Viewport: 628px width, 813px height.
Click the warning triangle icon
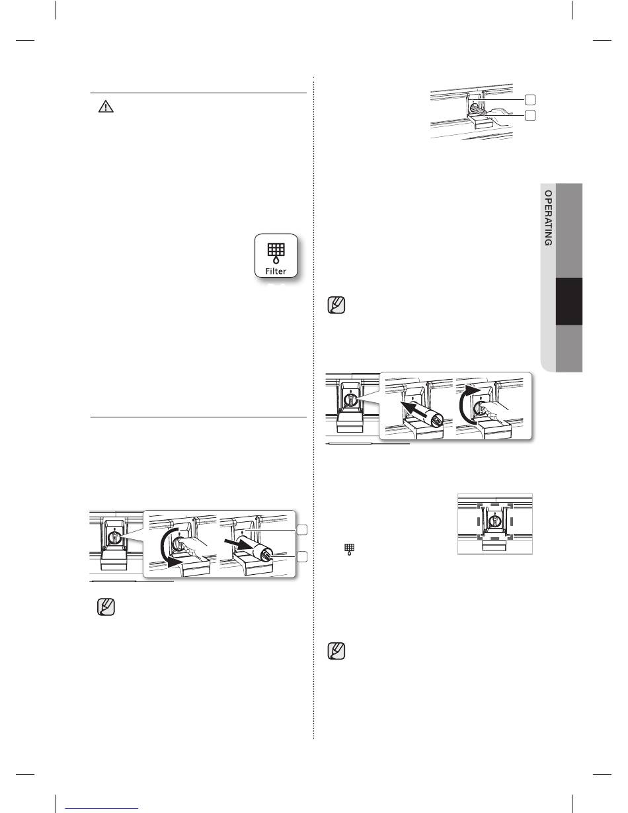pyautogui.click(x=106, y=107)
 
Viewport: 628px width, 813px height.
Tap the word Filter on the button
pyautogui.click(x=276, y=271)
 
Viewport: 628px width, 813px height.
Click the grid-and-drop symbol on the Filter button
pyautogui.click(x=276, y=253)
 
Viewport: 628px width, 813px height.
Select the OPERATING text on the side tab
pyautogui.click(x=549, y=218)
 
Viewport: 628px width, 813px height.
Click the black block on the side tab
pyautogui.click(x=569, y=301)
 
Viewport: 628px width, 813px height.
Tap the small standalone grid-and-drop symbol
pyautogui.click(x=350, y=549)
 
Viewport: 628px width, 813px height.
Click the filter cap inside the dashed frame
pyautogui.click(x=495, y=521)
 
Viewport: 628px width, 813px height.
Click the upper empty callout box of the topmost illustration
pyautogui.click(x=530, y=100)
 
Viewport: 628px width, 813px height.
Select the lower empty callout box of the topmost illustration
pyautogui.click(x=530, y=116)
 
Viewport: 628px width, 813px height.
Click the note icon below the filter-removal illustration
pyautogui.click(x=106, y=607)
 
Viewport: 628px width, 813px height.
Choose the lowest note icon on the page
pyautogui.click(x=336, y=651)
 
